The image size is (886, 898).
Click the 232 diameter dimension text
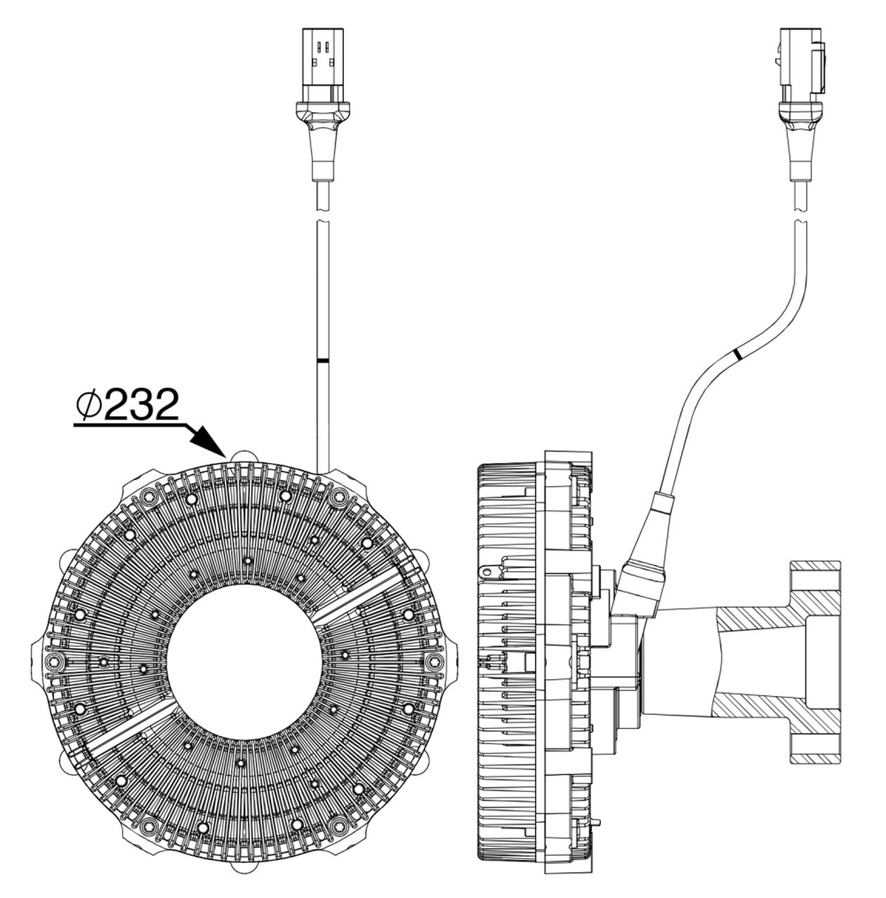click(x=138, y=406)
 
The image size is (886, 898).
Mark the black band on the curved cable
click(x=736, y=354)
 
